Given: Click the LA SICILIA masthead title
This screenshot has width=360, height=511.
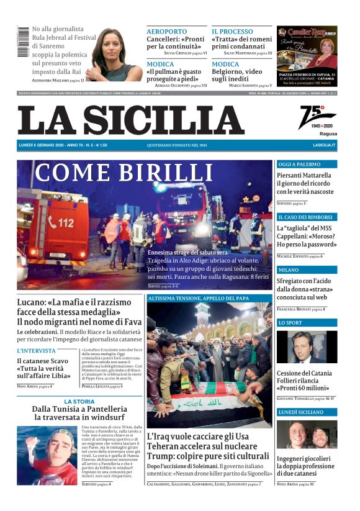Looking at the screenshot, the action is click(130, 120).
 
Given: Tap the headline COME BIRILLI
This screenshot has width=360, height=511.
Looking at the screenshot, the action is click(124, 172).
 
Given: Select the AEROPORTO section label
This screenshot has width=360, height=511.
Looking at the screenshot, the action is click(166, 32).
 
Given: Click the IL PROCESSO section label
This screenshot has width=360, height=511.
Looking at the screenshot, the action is click(232, 32).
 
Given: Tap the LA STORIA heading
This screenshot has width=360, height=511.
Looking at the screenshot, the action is click(79, 402).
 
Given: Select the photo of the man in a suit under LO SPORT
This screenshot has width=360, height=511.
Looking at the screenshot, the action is click(306, 347).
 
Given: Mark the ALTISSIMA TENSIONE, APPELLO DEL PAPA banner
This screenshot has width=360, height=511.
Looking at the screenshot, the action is click(209, 299).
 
